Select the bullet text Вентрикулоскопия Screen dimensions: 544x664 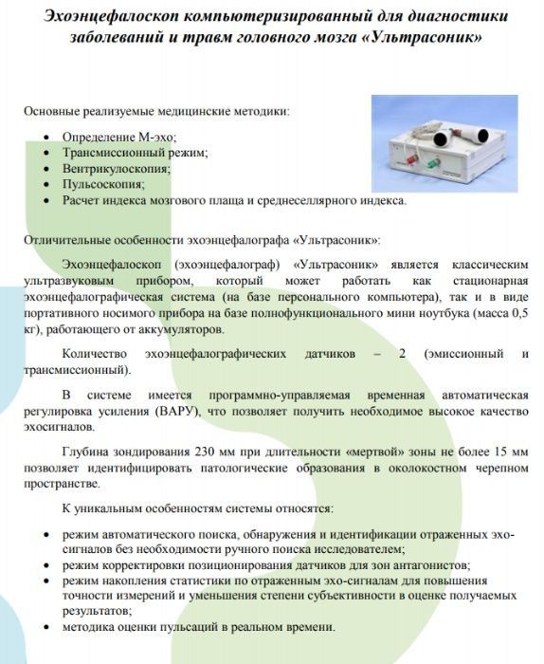pos(116,168)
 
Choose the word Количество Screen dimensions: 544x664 pos(96,353)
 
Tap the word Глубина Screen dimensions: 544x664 pos(86,453)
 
